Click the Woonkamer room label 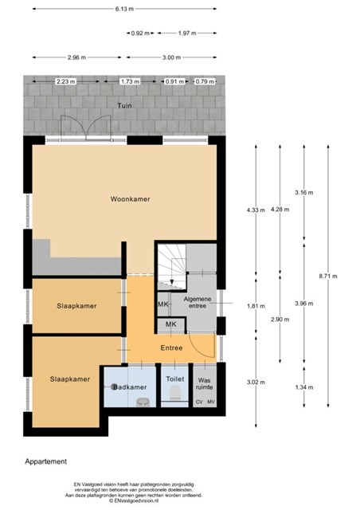tap(130, 199)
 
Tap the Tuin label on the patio tap(124, 105)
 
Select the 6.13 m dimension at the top tap(124, 9)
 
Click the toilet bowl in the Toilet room tap(175, 392)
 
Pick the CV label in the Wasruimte tap(199, 402)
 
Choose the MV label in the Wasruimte tap(211, 402)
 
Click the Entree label tap(171, 348)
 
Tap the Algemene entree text tap(198, 302)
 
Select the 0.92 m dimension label tap(140, 33)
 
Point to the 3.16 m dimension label tap(304, 193)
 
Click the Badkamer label tap(130, 387)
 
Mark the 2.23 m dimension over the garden tap(66, 81)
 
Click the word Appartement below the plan tap(46, 461)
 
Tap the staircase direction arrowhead tap(172, 282)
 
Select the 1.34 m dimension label tap(304, 387)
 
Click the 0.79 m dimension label tap(205, 81)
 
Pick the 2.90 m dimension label tap(280, 320)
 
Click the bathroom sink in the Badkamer tap(142, 402)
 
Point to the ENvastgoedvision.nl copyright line tap(134, 501)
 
